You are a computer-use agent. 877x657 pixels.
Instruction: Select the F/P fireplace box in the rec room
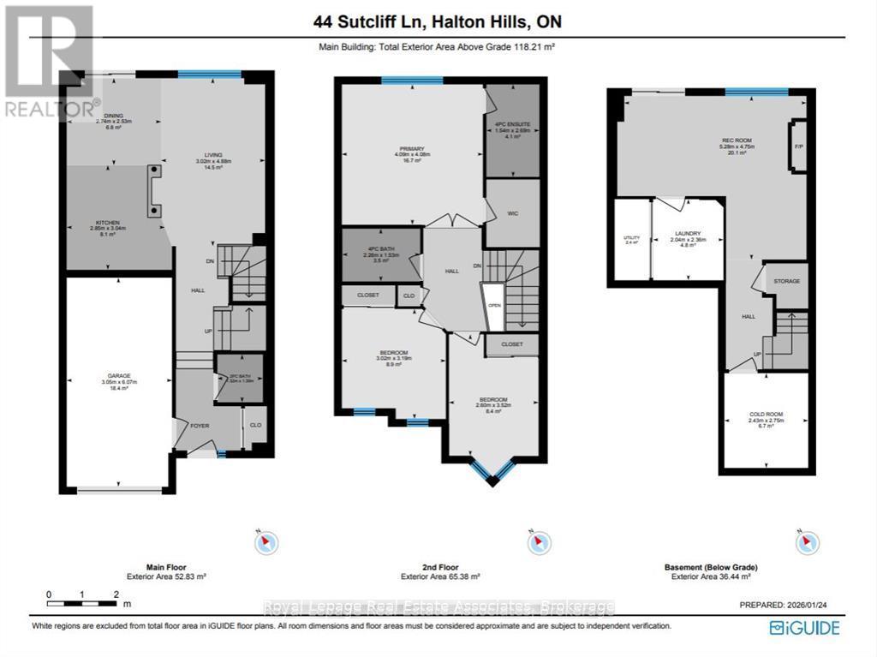(x=799, y=146)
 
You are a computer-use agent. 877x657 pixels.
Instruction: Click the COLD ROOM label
(x=766, y=415)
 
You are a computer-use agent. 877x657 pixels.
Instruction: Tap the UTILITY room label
(x=631, y=237)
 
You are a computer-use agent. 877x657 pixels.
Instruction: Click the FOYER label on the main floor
(x=199, y=425)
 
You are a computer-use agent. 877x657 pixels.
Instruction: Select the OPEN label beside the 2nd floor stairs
(x=493, y=304)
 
